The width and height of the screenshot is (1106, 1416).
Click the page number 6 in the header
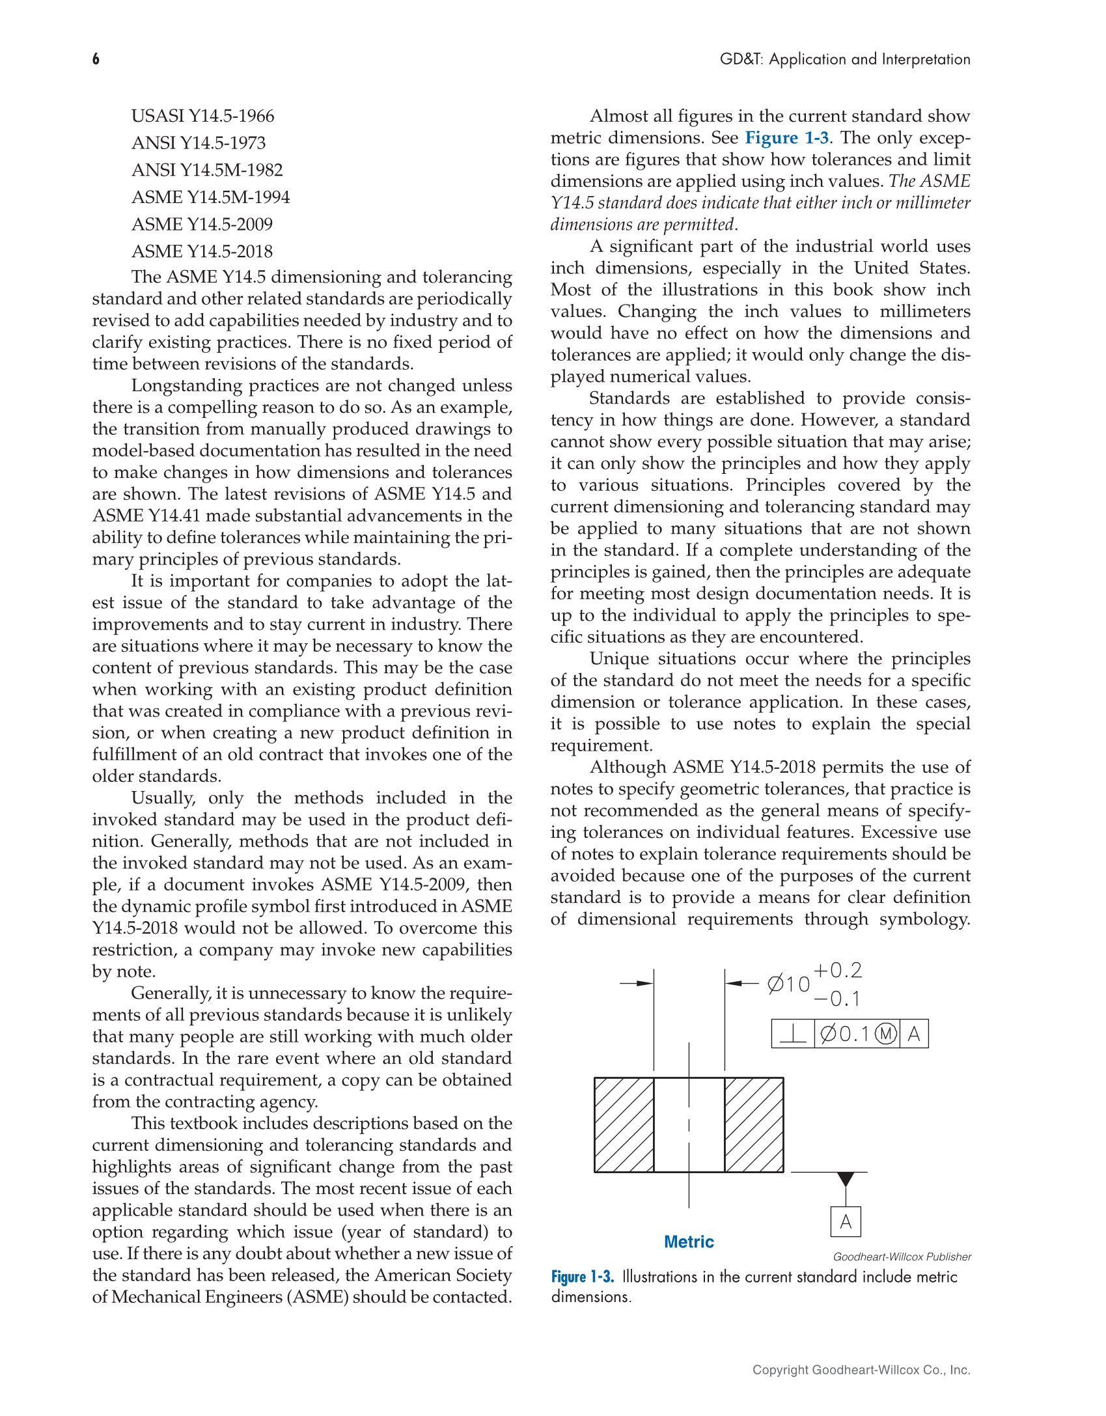pos(96,59)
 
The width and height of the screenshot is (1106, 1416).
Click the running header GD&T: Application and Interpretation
pos(844,59)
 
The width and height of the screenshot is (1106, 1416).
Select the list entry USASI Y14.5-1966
pos(202,116)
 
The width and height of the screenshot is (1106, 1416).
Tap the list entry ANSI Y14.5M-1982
pos(207,170)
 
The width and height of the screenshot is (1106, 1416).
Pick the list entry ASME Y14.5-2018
pos(202,251)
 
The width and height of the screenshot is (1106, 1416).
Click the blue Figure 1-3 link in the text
pos(786,138)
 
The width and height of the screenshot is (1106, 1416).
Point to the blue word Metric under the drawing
pos(689,1242)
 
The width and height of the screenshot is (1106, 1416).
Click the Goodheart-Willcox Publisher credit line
pos(902,1256)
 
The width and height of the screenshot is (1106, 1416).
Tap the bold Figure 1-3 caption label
pos(583,1277)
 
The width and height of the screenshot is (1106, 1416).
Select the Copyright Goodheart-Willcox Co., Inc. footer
pos(861,1370)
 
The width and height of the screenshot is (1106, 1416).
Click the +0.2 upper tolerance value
pos(838,970)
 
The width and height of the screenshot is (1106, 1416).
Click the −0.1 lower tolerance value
pos(838,999)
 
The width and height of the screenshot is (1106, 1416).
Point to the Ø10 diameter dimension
pos(788,984)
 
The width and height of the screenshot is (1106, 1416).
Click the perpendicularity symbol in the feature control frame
pos(793,1034)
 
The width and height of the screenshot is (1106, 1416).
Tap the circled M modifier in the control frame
pos(885,1034)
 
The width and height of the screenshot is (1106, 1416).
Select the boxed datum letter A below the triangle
pos(846,1221)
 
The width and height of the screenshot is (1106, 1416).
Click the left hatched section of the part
pos(624,1125)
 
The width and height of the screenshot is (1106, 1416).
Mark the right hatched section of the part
pos(754,1125)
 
